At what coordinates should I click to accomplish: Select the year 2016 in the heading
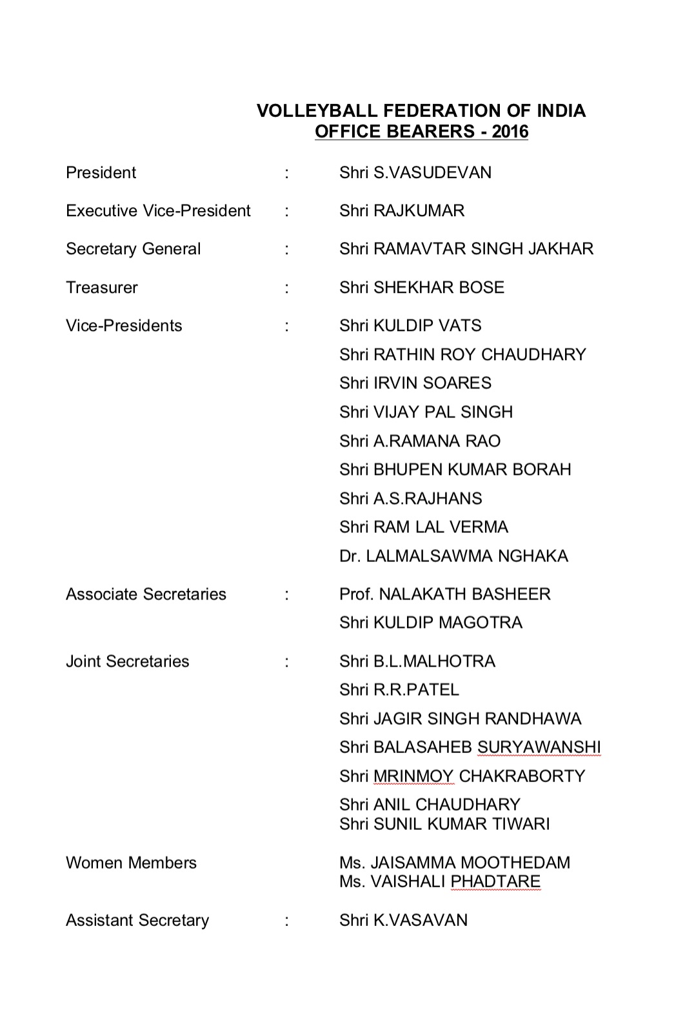point(510,132)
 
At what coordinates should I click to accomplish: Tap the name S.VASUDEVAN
point(432,173)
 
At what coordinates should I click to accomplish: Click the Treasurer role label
point(102,288)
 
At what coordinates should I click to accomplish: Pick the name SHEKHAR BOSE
point(439,288)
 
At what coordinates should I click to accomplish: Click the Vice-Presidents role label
point(124,326)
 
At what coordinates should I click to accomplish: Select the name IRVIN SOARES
point(432,383)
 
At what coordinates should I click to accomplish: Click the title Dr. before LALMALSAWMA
point(350,556)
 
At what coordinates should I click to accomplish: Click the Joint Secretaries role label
point(128,661)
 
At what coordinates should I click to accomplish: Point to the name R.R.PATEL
point(416,690)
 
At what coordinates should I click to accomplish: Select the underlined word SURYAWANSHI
point(539,747)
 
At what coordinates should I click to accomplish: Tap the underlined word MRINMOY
point(413,776)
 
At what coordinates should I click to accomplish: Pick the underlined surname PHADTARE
point(495,881)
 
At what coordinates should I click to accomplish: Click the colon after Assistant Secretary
point(286,921)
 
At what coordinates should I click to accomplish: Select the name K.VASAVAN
point(421,921)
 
